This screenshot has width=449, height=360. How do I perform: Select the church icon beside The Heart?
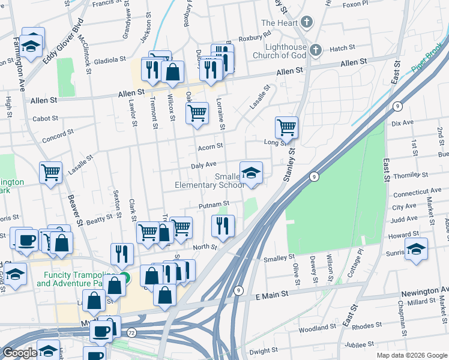click(x=307, y=23)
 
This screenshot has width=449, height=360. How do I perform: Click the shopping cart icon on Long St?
click(x=287, y=127)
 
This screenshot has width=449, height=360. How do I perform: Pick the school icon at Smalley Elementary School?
click(x=251, y=173)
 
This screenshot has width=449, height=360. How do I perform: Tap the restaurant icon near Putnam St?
click(x=223, y=226)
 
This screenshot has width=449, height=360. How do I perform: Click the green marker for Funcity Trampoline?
click(x=124, y=277)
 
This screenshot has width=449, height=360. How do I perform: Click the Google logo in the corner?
click(x=20, y=353)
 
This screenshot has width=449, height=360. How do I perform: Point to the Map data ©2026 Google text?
click(x=411, y=355)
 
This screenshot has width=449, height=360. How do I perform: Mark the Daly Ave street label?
click(x=203, y=164)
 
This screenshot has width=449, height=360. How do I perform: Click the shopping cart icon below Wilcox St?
click(x=197, y=112)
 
